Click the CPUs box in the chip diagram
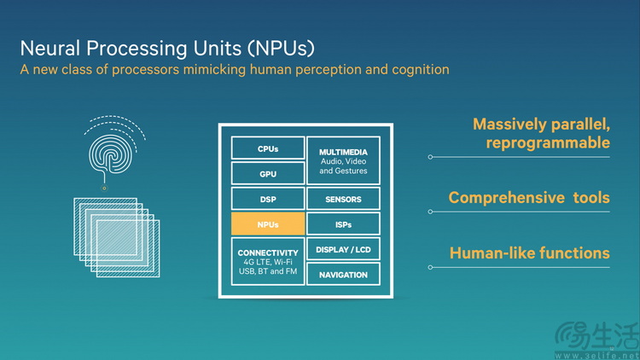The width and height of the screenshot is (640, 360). tap(268, 148)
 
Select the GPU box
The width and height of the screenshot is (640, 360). tap(268, 173)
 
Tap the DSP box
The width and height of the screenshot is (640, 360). tap(268, 199)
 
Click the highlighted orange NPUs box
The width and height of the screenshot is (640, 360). tap(268, 224)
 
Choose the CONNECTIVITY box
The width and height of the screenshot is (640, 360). tap(268, 261)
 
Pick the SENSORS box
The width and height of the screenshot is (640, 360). tap(343, 199)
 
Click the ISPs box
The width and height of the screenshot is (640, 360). tap(343, 224)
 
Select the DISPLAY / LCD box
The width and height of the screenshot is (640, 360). tap(343, 249)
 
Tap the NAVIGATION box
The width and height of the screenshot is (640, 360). tap(343, 275)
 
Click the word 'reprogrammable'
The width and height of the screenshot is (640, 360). tap(548, 142)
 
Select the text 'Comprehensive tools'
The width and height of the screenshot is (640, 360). tap(529, 198)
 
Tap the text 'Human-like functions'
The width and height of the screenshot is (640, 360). tap(529, 253)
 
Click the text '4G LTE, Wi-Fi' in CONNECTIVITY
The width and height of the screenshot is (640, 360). tap(268, 262)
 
